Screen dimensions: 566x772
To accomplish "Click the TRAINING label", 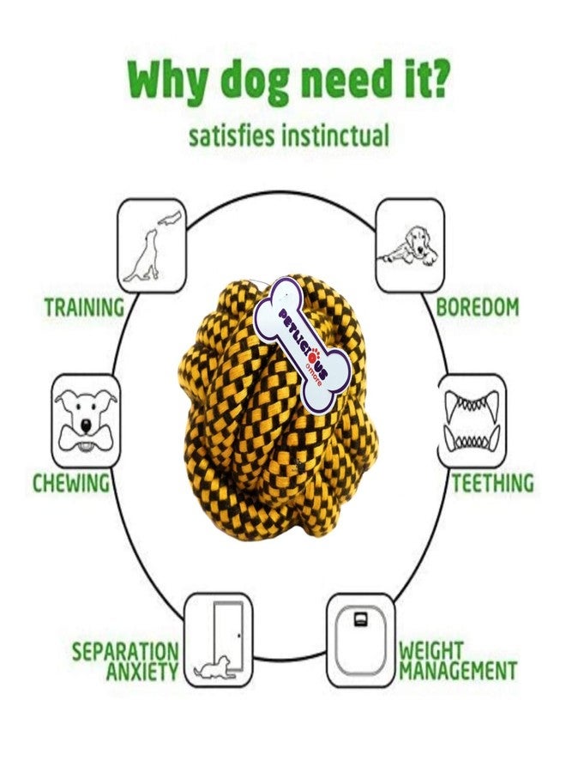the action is click(x=85, y=307).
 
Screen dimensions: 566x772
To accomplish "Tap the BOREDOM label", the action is click(x=478, y=307).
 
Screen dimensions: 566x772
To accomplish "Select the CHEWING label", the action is click(x=71, y=482).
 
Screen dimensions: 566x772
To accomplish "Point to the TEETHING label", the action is click(x=492, y=482).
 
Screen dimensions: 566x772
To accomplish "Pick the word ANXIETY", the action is click(x=142, y=671).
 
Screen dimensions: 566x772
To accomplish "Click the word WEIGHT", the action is click(x=431, y=650).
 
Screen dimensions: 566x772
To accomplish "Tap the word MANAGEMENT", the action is click(x=458, y=670).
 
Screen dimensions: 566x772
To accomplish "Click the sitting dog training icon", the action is click(x=152, y=245).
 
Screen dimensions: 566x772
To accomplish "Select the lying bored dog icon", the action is click(x=410, y=245).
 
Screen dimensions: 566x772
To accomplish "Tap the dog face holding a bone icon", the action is click(x=86, y=421).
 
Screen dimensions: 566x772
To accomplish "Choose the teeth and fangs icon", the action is click(x=472, y=421).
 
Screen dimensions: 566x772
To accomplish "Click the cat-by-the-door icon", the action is click(x=218, y=640).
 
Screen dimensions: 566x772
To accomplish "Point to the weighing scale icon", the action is click(x=361, y=640).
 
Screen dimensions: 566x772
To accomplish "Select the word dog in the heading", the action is click(x=252, y=81).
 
